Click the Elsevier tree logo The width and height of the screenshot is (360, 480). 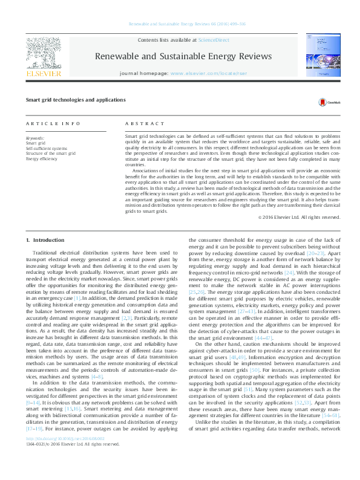click(44, 51)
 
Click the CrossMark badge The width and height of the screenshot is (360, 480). click(326, 102)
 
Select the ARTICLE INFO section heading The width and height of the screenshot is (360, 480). click(53, 123)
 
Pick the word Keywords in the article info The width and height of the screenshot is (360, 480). click(35, 138)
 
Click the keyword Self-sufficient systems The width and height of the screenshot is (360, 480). click(47, 148)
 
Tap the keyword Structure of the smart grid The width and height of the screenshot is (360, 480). click(51, 153)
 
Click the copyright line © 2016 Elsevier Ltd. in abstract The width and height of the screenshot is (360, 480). click(309, 216)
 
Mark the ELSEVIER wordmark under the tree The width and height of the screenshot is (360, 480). click(44, 74)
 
